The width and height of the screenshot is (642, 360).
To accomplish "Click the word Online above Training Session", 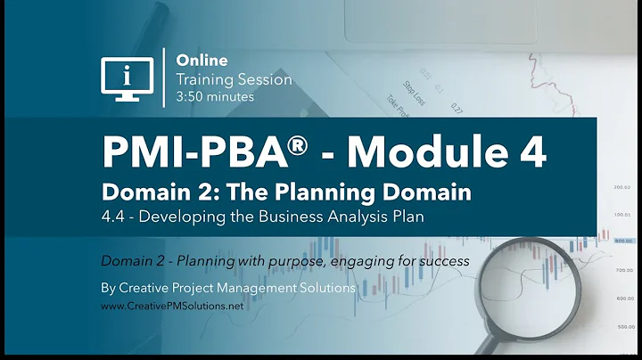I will click(202, 61).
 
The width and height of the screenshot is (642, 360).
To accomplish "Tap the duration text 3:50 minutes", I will click(215, 95).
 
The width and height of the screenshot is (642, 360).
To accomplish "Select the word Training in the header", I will click(203, 78).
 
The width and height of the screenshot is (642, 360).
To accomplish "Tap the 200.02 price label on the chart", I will click(621, 187).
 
